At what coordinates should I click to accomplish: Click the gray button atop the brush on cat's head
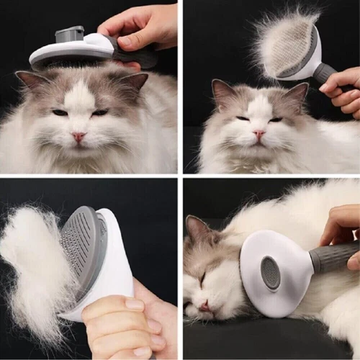click(x=69, y=33)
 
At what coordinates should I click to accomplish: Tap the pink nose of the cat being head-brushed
click(x=78, y=135)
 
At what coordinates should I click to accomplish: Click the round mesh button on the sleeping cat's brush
click(x=271, y=273)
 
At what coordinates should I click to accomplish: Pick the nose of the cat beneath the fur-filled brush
click(x=259, y=133)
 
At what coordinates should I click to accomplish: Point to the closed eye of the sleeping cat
click(x=202, y=277)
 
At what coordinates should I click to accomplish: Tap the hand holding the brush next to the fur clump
click(x=122, y=324)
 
